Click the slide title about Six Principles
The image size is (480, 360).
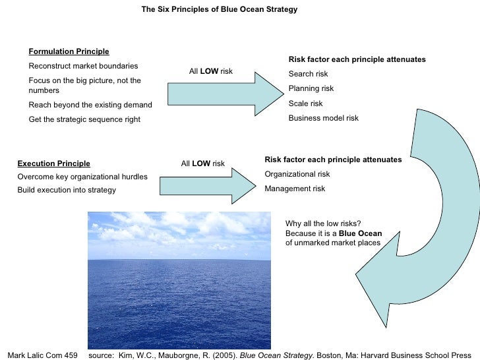(x=220, y=10)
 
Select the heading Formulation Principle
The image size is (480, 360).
(x=69, y=51)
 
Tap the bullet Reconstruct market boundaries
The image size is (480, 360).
(x=83, y=66)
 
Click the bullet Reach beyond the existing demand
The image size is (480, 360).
(x=90, y=105)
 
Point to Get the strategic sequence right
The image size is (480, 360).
(x=84, y=119)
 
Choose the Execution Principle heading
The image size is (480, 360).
(x=53, y=164)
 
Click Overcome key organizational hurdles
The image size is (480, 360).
(x=82, y=177)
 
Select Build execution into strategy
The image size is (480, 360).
(x=67, y=190)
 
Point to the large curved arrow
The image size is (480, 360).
(x=435, y=198)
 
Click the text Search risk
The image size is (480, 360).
(x=308, y=74)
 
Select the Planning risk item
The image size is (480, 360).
(x=311, y=88)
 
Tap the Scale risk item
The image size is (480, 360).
(x=306, y=104)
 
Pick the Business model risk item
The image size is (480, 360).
(x=324, y=118)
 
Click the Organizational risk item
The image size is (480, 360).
(x=297, y=174)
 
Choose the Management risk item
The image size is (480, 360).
(x=295, y=189)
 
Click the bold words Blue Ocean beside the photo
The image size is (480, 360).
(x=360, y=233)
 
